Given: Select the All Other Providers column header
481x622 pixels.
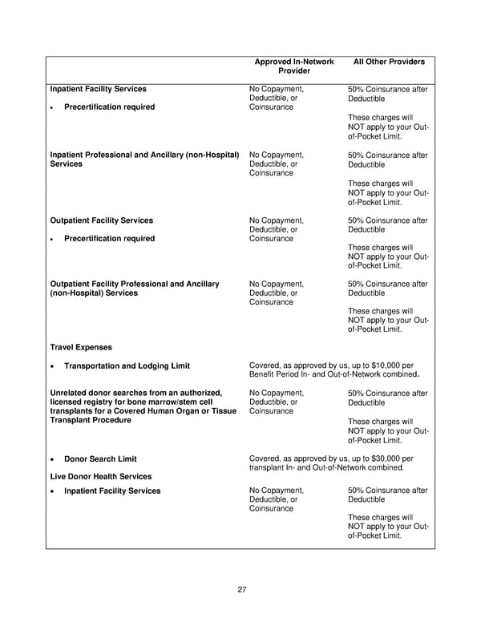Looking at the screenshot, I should [388, 61].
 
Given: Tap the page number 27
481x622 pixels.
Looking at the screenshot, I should [241, 590].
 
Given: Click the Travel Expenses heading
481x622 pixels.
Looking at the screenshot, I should [81, 347].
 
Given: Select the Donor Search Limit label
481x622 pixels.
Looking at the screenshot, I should [100, 459].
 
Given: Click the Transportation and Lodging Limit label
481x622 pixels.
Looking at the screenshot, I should [127, 366].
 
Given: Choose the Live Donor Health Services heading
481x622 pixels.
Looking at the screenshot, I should [101, 477].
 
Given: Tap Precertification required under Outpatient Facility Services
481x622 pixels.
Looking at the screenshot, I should [109, 238].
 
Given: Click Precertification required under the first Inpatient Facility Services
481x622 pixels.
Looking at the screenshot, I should [109, 107].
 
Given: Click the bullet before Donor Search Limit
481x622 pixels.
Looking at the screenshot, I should [52, 460].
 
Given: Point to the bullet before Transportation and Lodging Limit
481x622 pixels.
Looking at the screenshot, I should [52, 367].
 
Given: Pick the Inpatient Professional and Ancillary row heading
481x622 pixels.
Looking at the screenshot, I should [144, 155].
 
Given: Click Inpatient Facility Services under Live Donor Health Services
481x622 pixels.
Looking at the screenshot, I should [112, 491].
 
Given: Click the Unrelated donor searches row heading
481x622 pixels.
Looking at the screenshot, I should [135, 393].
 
